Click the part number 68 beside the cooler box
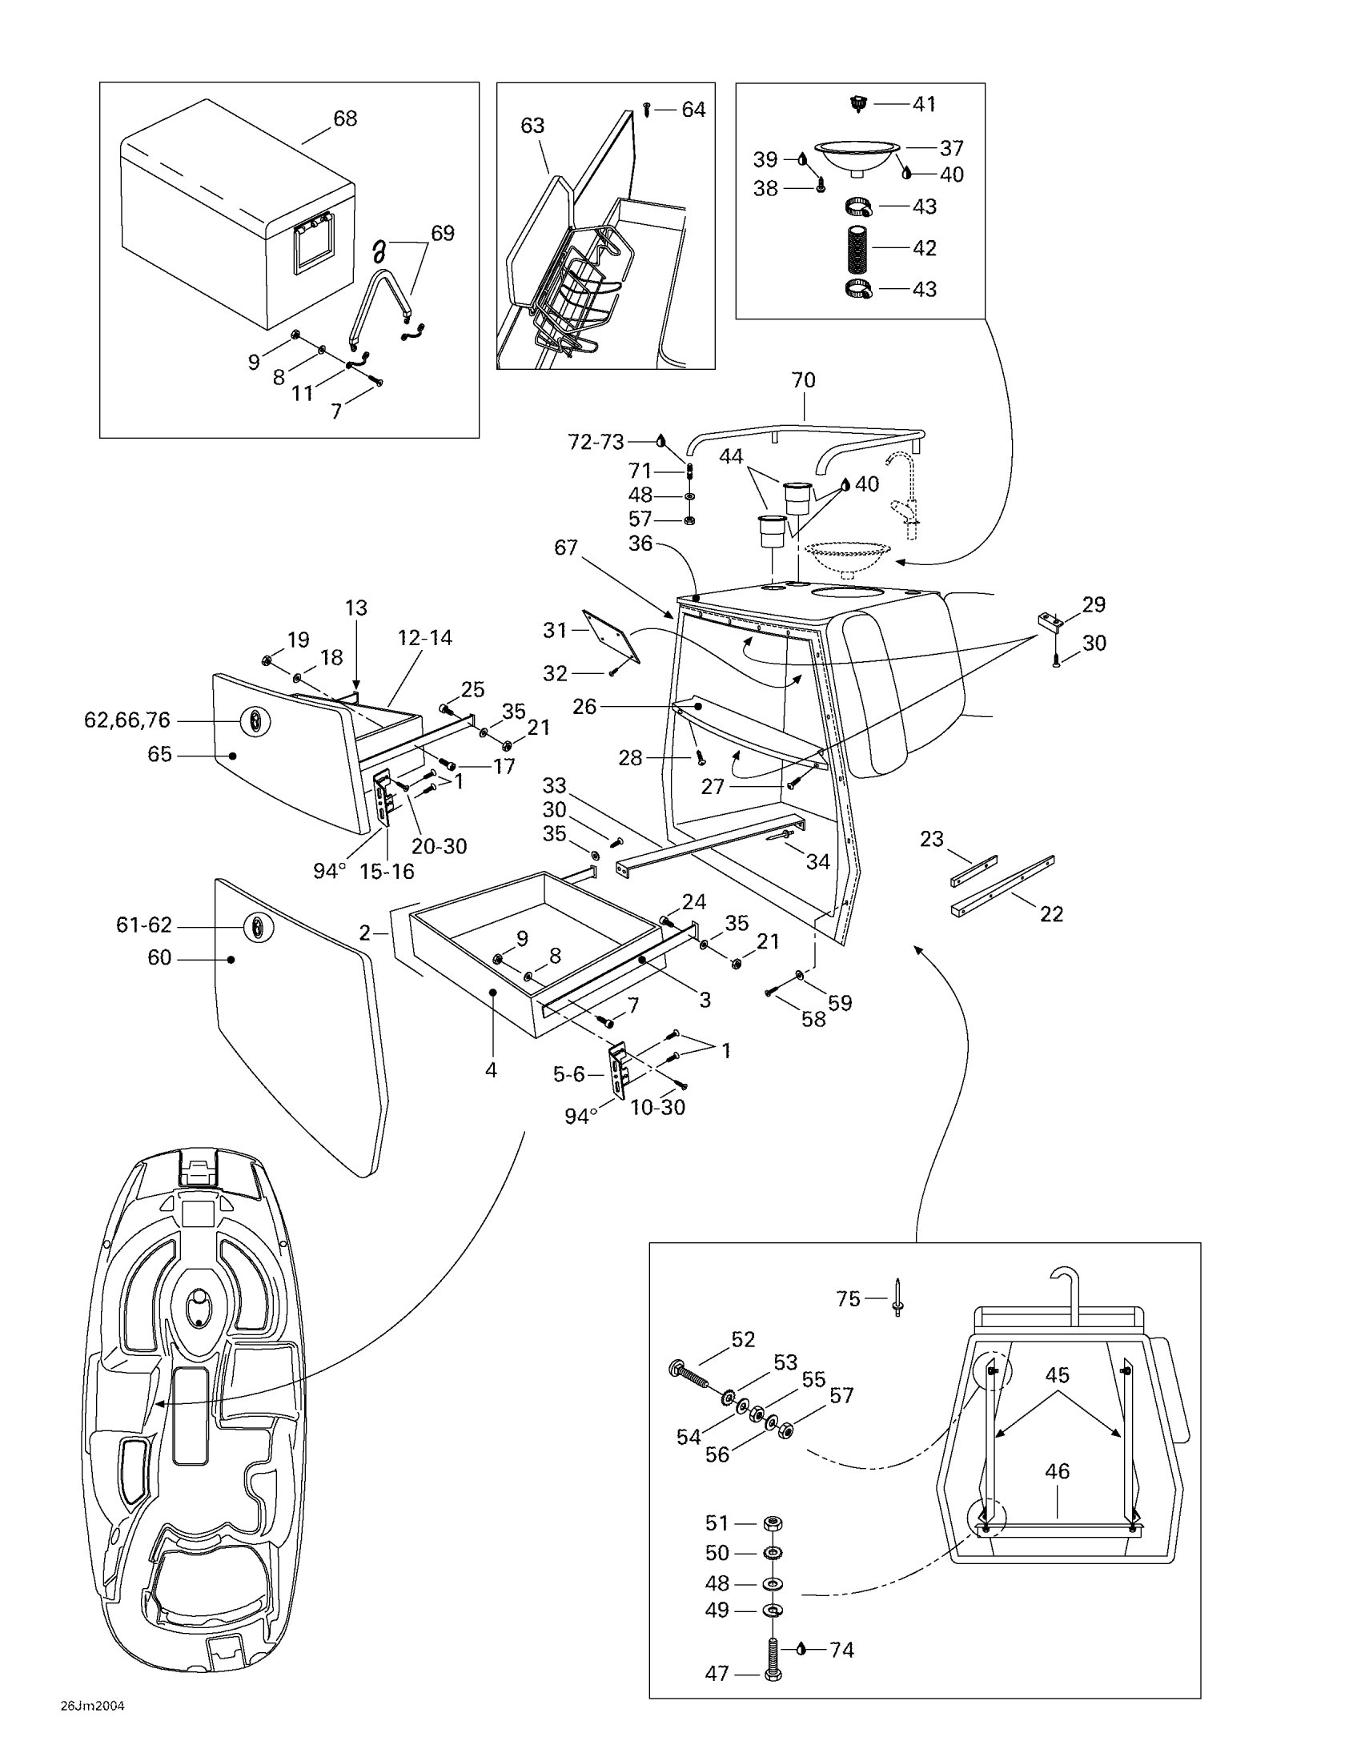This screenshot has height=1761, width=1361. (x=345, y=118)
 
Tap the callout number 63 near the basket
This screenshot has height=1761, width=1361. (x=532, y=126)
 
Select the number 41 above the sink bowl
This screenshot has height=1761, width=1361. (x=924, y=104)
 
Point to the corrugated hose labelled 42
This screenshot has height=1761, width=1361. (x=857, y=248)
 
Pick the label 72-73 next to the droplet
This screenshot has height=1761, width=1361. (x=596, y=442)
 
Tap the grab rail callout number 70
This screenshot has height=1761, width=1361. (x=803, y=379)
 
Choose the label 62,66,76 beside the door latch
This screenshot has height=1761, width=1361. (x=127, y=720)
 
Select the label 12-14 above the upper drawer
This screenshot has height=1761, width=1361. (x=425, y=638)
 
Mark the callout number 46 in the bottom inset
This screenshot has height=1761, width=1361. (x=1057, y=1471)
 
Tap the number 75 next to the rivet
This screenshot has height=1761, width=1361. (x=848, y=1298)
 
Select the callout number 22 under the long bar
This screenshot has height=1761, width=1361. (x=1051, y=913)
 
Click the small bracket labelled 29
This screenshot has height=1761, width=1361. (x=1048, y=621)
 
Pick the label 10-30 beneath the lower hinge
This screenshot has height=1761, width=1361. (x=657, y=1107)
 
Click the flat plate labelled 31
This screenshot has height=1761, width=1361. (x=610, y=637)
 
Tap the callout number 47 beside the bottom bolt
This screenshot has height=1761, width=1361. (x=717, y=1673)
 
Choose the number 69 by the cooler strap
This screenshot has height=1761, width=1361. (x=443, y=233)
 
